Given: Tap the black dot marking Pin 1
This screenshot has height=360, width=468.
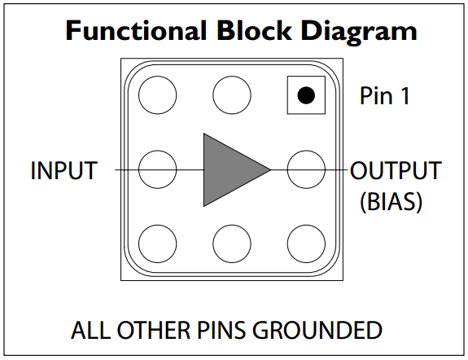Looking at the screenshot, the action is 306,95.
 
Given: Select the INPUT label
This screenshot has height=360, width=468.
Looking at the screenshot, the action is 64,170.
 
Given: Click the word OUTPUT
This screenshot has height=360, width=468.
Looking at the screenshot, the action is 396,170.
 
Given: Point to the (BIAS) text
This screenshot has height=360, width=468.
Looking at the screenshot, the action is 391,202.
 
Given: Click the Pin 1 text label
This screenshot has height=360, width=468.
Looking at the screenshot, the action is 385,95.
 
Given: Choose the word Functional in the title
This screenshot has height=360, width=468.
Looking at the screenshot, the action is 136,30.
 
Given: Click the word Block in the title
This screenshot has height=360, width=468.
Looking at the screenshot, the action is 254,30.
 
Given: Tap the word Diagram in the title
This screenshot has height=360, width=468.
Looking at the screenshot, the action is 359,33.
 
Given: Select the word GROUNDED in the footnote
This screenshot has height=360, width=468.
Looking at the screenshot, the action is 317,330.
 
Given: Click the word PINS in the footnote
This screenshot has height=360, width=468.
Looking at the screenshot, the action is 221,330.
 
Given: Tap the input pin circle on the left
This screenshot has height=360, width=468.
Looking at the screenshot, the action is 158,151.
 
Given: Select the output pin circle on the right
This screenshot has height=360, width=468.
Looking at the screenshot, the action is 306,151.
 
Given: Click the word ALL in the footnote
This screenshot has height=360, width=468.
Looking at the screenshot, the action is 90,330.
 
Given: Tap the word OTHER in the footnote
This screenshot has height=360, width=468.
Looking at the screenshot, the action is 154,330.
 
